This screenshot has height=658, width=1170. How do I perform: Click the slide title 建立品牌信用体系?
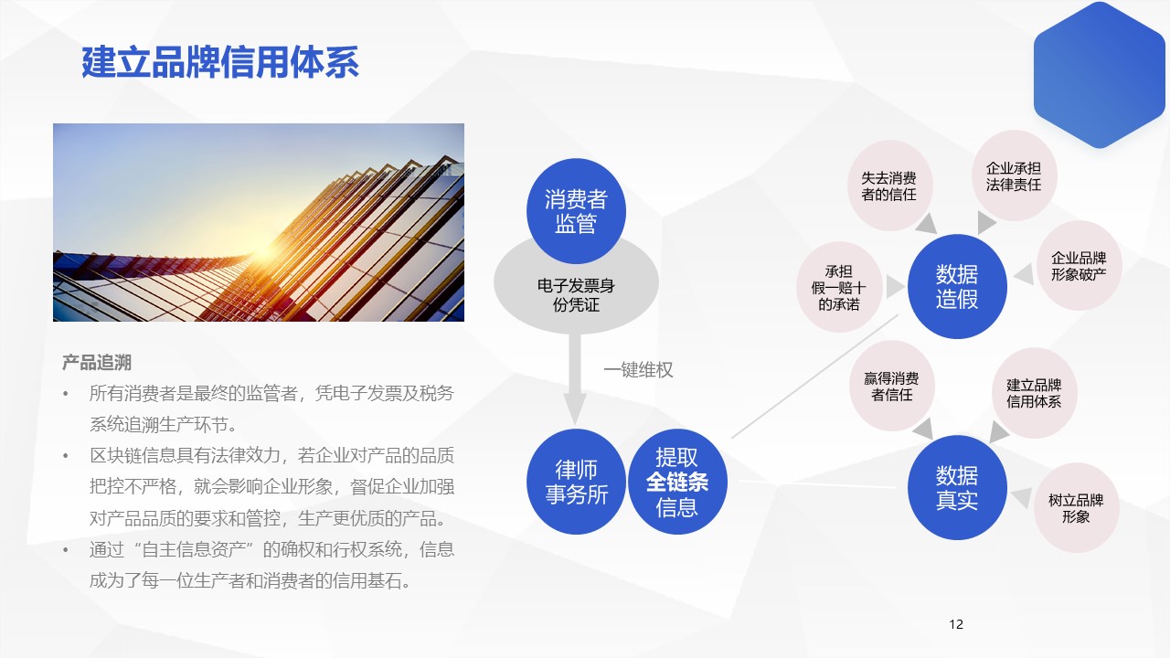coord(220,62)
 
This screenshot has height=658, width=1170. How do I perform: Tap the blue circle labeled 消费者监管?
coord(576,211)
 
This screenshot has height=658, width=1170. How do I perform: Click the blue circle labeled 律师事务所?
coord(576,482)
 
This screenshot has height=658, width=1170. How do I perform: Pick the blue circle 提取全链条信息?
coord(677,482)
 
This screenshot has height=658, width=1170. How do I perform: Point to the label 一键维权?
coord(638,370)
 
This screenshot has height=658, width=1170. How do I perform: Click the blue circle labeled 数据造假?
coord(957,286)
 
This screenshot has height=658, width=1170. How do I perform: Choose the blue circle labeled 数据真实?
coord(957,487)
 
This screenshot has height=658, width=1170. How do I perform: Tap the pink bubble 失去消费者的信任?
coord(889,186)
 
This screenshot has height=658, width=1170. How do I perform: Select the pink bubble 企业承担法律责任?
coord(1014,176)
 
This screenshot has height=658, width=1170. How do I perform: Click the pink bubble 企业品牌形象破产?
coord(1080,266)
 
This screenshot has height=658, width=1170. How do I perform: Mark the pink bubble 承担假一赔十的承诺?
coord(839,287)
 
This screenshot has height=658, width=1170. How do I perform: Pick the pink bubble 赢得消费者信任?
coord(892,386)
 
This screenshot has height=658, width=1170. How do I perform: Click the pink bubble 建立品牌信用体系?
coord(1034,393)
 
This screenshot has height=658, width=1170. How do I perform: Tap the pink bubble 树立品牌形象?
coord(1076,508)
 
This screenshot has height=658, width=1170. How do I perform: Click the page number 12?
coord(956,624)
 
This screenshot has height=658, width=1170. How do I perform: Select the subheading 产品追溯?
coord(97,363)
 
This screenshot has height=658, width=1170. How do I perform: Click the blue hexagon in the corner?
coord(1100,75)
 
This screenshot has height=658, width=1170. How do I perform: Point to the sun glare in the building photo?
coord(265,249)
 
